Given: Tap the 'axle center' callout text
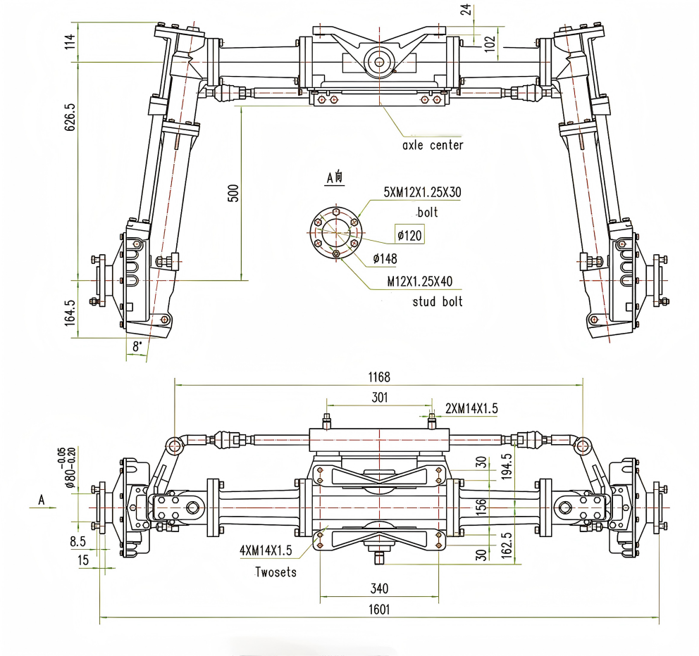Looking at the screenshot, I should click(x=433, y=146).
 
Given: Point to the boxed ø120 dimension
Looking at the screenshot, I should click(x=409, y=235).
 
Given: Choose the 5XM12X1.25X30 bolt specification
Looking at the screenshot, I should click(x=422, y=192).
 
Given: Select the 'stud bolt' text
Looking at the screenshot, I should click(x=437, y=302).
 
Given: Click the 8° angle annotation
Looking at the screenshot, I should click(x=137, y=346).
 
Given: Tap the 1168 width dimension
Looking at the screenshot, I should click(x=378, y=377).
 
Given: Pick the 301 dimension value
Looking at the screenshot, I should click(x=379, y=398).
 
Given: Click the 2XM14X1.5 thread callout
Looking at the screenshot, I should click(x=471, y=408).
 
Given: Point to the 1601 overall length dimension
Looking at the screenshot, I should click(x=378, y=610).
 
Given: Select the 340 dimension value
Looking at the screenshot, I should click(x=381, y=588).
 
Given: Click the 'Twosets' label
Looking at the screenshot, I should click(x=276, y=572).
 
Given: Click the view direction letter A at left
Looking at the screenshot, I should click(x=42, y=500).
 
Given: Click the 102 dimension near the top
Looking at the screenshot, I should click(x=492, y=41).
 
